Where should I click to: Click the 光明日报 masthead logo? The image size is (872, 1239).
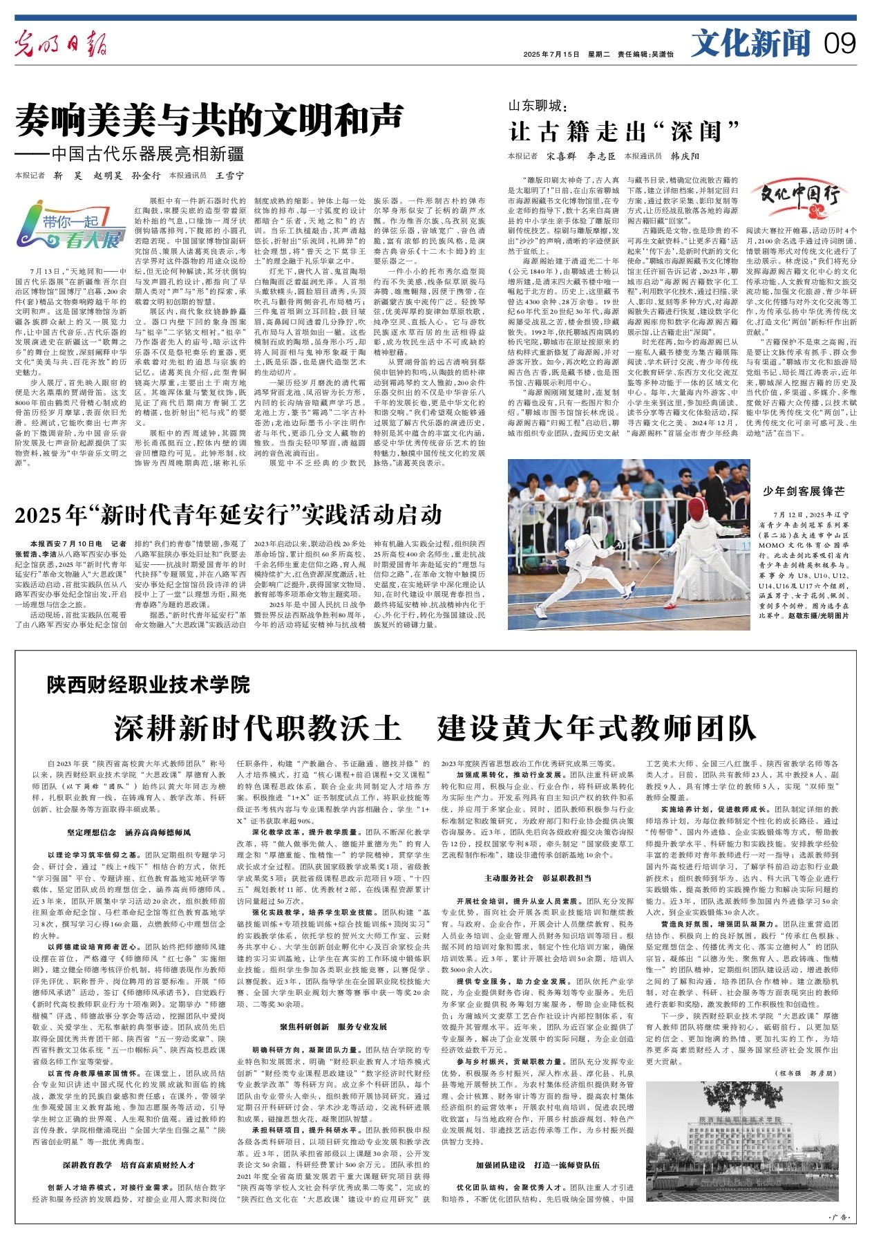pyautogui.click(x=62, y=46)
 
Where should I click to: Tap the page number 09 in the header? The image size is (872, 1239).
pyautogui.click(x=840, y=44)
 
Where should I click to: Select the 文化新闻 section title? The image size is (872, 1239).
pyautogui.click(x=750, y=44)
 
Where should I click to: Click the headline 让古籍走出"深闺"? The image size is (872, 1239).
pyautogui.click(x=624, y=131)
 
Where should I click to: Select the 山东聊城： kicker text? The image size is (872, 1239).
pyautogui.click(x=536, y=106)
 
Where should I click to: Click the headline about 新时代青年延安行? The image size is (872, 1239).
pyautogui.click(x=227, y=514)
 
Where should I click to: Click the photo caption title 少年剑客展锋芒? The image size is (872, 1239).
pyautogui.click(x=804, y=491)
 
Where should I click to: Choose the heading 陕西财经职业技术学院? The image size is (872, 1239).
pyautogui.click(x=149, y=685)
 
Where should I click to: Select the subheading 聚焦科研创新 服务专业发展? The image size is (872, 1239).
pyautogui.click(x=333, y=1027)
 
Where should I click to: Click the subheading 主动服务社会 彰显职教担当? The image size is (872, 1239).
pyautogui.click(x=537, y=879)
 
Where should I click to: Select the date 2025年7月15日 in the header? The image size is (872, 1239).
pyautogui.click(x=551, y=54)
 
